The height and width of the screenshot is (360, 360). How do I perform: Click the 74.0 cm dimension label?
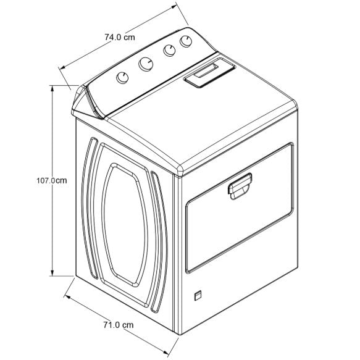click(120, 37)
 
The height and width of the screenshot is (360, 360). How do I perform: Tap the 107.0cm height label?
click(52, 180)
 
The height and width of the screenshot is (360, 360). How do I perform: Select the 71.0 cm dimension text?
click(118, 325)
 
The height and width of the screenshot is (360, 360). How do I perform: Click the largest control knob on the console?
click(146, 64)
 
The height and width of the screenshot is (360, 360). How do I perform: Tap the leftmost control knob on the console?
click(122, 78)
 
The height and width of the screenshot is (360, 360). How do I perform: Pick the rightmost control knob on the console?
click(186, 41)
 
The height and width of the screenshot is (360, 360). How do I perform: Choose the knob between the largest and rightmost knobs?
click(169, 50)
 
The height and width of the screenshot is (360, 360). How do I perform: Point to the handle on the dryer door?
click(240, 186)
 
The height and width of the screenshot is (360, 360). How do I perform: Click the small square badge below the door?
click(198, 296)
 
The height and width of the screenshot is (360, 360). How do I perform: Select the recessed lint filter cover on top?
click(209, 72)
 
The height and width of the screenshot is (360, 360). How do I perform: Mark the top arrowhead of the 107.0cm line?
click(52, 88)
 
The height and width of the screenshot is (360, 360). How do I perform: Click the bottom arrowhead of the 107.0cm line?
click(52, 273)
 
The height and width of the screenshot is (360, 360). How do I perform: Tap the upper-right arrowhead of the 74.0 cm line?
click(175, 7)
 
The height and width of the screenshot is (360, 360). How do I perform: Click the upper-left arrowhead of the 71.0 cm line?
click(67, 297)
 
